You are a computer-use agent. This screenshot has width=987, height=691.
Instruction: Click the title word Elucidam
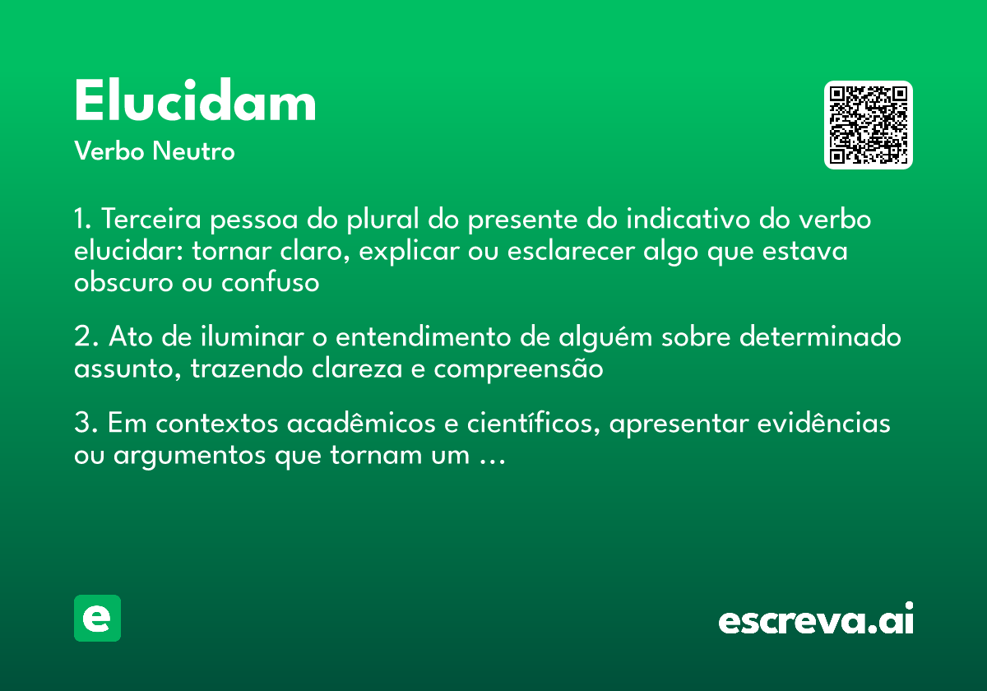tap(195, 103)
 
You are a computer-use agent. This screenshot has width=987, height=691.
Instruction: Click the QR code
tap(869, 125)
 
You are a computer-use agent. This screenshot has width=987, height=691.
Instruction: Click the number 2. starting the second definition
tap(86, 338)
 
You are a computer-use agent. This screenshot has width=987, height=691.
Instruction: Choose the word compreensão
tap(519, 369)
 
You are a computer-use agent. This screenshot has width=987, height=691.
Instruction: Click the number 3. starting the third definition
tap(86, 424)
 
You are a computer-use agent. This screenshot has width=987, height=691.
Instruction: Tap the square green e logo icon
tap(97, 618)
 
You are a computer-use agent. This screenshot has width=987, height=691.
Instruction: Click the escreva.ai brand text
tap(816, 620)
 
